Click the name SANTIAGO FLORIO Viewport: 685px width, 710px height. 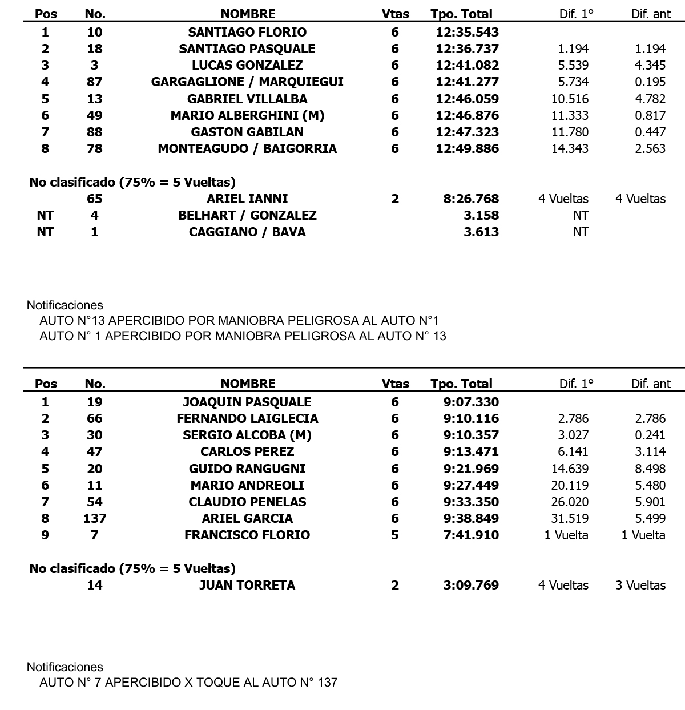[x=247, y=32]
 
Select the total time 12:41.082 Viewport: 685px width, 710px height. [x=467, y=65]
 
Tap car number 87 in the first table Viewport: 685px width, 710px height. [x=94, y=82]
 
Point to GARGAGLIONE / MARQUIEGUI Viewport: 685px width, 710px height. [x=247, y=82]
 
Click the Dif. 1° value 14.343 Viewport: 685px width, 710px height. [x=570, y=148]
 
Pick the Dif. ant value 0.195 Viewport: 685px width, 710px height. [x=650, y=82]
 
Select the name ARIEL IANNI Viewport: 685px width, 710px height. [x=247, y=199]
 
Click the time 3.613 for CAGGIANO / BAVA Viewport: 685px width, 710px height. [x=482, y=232]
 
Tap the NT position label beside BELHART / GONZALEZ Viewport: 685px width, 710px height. [x=45, y=215]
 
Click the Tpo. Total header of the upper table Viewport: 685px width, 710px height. [x=461, y=14]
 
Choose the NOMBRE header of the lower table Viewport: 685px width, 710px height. [x=248, y=384]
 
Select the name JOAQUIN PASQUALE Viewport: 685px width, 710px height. [x=247, y=402]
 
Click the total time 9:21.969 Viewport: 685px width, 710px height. [x=471, y=469]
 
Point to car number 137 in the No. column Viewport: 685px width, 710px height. [x=94, y=518]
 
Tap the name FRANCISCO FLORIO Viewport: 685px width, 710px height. [x=247, y=535]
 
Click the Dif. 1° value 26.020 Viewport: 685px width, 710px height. [x=570, y=502]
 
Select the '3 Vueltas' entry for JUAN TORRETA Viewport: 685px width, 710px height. [x=640, y=585]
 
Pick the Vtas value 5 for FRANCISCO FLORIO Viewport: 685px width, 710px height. [x=395, y=535]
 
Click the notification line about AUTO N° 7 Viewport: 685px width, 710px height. [x=188, y=682]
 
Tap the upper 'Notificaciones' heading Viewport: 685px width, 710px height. [x=65, y=305]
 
